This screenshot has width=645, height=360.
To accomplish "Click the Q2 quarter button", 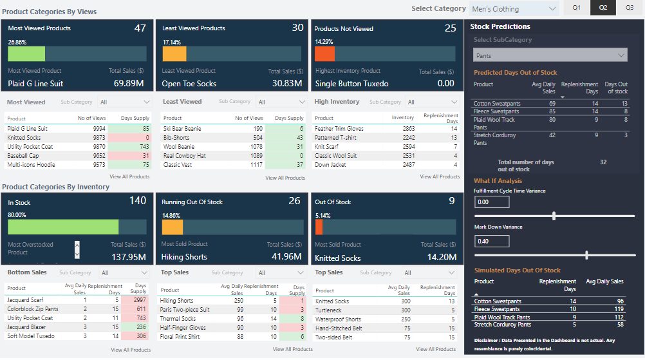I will click(x=603, y=8).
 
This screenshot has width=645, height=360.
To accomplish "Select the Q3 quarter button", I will click(x=629, y=8).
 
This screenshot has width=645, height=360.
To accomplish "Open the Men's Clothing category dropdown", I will click(x=514, y=9).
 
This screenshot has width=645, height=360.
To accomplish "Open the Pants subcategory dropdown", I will click(x=550, y=56).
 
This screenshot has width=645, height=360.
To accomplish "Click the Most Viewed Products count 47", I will click(x=140, y=28).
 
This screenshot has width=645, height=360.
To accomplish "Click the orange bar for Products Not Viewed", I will click(x=324, y=54).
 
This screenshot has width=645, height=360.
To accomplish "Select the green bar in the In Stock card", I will click(x=63, y=227).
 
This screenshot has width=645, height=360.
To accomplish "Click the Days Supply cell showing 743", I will click(x=136, y=147).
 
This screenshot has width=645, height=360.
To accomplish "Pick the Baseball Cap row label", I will click(x=24, y=156).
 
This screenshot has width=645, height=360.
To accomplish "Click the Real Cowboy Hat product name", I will click(x=184, y=156).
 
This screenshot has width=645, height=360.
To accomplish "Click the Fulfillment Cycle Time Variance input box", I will click(x=492, y=202).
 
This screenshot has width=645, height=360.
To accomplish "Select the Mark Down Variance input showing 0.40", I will click(x=492, y=241).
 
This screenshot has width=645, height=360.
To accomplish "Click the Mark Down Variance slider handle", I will click(x=586, y=255).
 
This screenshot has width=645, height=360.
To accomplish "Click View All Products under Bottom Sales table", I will click(x=131, y=350).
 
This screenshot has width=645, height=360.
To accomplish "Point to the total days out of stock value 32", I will click(x=603, y=162).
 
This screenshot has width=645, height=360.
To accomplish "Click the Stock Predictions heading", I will click(x=500, y=26).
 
